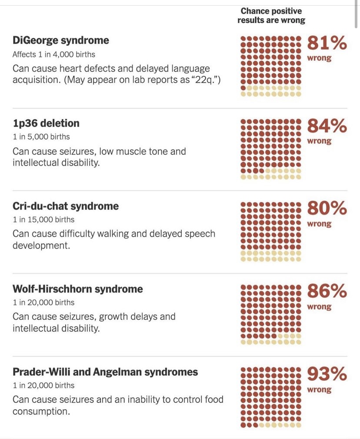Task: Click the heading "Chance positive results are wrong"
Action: [x=271, y=16]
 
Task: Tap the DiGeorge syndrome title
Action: [x=60, y=40]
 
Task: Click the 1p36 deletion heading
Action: [x=46, y=123]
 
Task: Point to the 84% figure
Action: [x=327, y=126]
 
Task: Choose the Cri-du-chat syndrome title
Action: [x=65, y=206]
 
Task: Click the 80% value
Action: [x=327, y=209]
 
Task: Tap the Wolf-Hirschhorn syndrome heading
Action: [x=77, y=289]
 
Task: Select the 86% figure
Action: [x=327, y=291]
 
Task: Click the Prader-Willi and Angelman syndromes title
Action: [x=105, y=372]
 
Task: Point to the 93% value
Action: [x=327, y=374]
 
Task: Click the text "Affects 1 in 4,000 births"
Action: [x=53, y=54]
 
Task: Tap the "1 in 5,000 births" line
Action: [x=41, y=136]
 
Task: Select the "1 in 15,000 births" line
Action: [x=43, y=219]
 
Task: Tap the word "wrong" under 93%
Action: [x=319, y=390]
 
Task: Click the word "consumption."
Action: [x=41, y=411]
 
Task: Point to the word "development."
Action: [x=41, y=246]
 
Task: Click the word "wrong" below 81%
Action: [x=319, y=58]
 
